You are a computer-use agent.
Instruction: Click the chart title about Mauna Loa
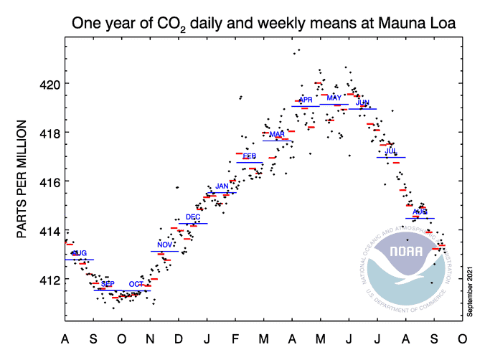tap(263, 24)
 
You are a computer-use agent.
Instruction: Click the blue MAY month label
tap(334, 98)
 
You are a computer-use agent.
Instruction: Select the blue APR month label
tap(306, 100)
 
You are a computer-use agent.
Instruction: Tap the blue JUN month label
tap(362, 103)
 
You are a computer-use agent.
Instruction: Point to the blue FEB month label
tap(250, 156)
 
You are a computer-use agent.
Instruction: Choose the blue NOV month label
tap(165, 245)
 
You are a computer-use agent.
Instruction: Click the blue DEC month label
tap(193, 217)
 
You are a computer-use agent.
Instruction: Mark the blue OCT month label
tap(136, 284)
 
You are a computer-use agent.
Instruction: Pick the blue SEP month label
tap(108, 284)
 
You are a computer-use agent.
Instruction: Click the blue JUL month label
tap(391, 151)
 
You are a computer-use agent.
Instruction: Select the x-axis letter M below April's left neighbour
tap(264, 338)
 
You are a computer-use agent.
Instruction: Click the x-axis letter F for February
tap(235, 338)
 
